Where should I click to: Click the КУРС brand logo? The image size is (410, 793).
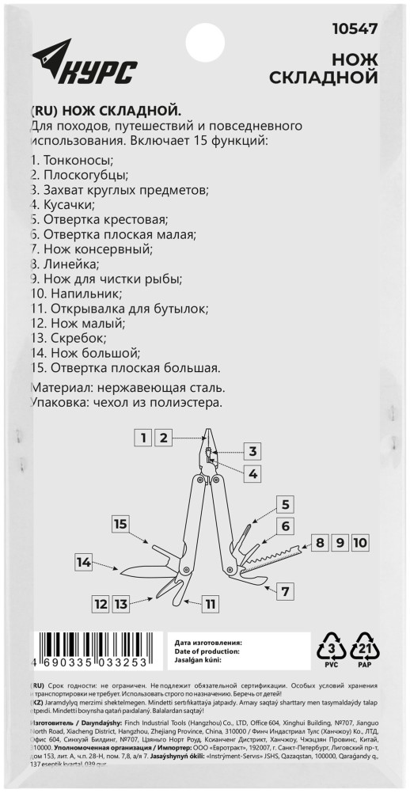84,65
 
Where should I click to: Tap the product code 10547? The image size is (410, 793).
354,28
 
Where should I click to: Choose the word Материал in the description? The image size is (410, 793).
63,388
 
